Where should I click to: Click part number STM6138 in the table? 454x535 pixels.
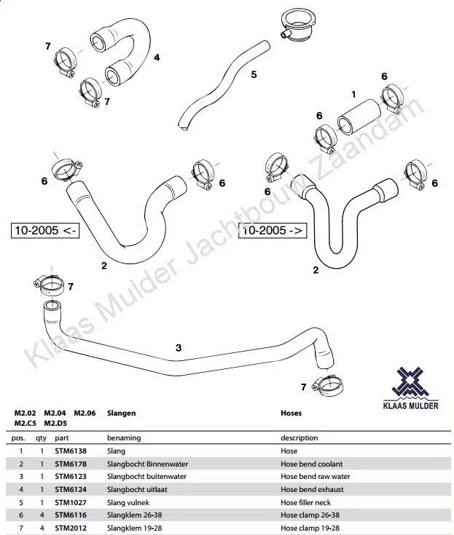click(x=71, y=451)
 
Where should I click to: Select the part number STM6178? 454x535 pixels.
click(x=71, y=464)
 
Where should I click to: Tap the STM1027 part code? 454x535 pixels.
click(x=71, y=502)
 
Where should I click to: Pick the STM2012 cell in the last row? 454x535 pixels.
click(x=71, y=528)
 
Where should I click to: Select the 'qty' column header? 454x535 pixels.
click(x=42, y=438)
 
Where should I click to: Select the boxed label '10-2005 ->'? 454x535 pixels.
click(x=273, y=230)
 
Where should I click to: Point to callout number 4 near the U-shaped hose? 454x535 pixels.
click(x=157, y=57)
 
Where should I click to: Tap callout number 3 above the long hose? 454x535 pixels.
click(x=179, y=347)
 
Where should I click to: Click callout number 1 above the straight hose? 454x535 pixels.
click(x=353, y=93)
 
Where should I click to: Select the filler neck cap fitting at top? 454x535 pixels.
click(x=298, y=26)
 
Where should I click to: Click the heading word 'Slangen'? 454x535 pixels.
click(x=121, y=413)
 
